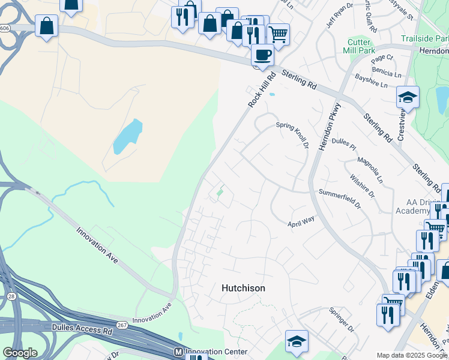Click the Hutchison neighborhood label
coord(243,288)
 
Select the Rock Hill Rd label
coord(262,91)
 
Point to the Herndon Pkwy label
coord(330,122)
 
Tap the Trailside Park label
coord(424,38)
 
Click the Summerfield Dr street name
coord(339,199)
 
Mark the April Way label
coord(301,221)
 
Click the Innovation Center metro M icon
coord(178,351)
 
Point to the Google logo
coord(20,353)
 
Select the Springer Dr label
coord(342,320)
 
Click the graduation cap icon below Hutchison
coord(297,341)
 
